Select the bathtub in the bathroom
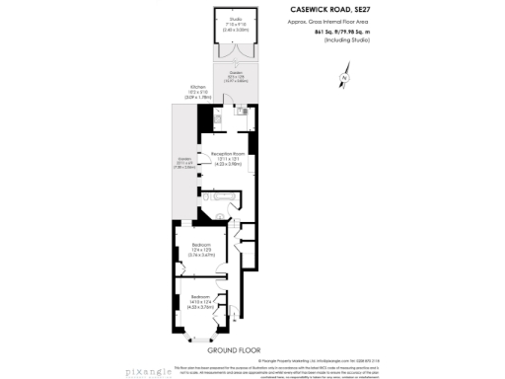(x=225, y=198)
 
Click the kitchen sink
(x=241, y=110)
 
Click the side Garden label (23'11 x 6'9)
(x=184, y=164)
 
